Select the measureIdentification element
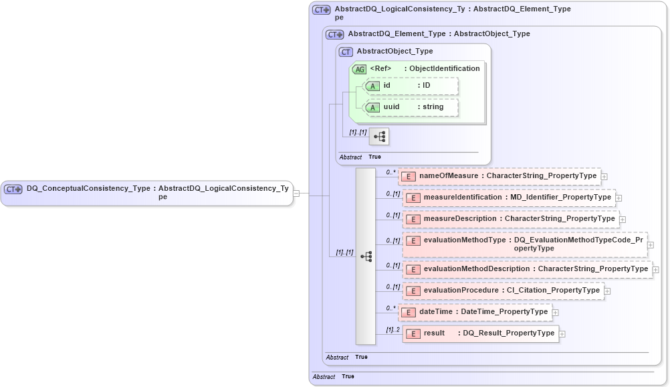(512, 198)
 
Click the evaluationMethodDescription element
(528, 269)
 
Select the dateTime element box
(475, 312)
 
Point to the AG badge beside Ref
(359, 69)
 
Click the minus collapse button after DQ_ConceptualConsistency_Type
(296, 193)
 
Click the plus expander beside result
(562, 334)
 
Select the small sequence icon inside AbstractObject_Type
(379, 137)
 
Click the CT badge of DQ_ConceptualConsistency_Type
(13, 189)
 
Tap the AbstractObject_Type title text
(395, 51)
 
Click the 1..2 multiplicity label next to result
(393, 329)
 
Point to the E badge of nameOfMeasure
(409, 177)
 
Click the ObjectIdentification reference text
(444, 68)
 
